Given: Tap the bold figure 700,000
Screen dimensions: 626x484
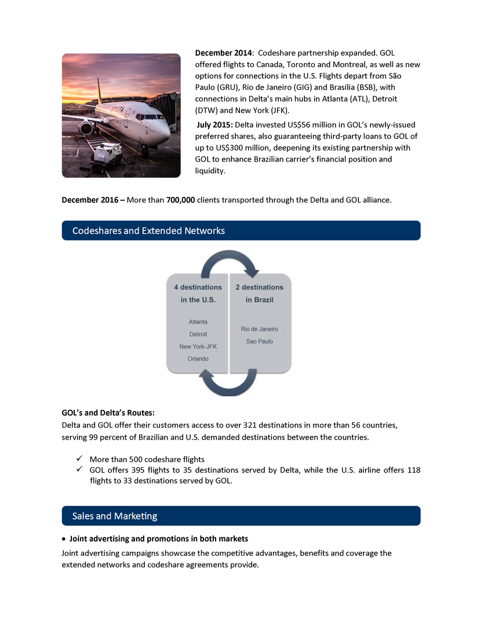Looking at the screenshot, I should (x=180, y=200).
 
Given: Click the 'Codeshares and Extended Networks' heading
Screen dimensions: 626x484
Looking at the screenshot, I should (x=148, y=230).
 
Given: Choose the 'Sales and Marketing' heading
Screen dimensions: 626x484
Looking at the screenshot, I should (x=115, y=515).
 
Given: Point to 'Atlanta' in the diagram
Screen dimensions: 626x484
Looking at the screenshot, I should (x=198, y=321).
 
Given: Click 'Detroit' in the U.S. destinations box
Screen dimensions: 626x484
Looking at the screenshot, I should (x=198, y=334).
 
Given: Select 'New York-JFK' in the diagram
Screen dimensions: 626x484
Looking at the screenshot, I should (x=198, y=346).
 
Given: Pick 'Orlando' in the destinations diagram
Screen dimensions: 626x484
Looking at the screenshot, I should (x=198, y=359).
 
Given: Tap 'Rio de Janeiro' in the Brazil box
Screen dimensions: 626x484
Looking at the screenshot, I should (x=259, y=329).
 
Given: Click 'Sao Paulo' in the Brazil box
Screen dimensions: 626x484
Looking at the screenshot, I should (x=259, y=342).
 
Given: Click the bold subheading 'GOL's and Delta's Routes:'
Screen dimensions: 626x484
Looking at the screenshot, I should (x=108, y=413).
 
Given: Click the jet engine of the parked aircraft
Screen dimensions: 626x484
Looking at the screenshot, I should (x=88, y=129).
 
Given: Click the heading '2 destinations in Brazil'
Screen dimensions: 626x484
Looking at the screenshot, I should (x=259, y=293).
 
